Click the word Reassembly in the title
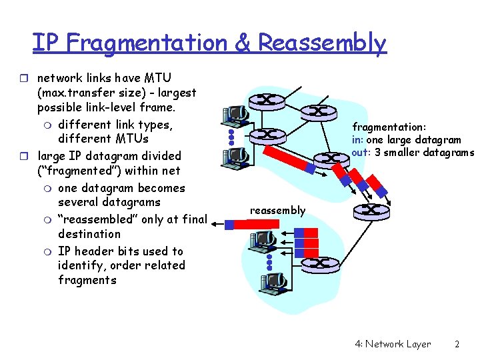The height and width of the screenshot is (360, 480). (321, 43)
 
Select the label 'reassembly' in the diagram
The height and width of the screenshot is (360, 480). (277, 211)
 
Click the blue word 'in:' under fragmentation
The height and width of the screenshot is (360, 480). (358, 140)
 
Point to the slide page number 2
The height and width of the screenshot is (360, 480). (457, 344)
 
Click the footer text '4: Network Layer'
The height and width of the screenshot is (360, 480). (393, 344)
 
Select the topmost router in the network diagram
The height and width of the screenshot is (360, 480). (264, 100)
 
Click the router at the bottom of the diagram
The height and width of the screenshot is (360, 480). (317, 263)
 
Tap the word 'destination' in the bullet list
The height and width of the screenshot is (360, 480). (89, 234)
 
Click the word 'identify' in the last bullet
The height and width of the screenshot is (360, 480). (81, 265)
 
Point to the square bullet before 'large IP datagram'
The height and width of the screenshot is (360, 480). (27, 156)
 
